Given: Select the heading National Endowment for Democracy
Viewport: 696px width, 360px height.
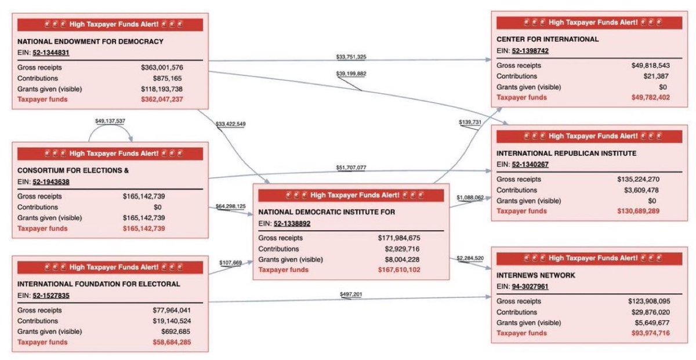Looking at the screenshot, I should coord(90,42).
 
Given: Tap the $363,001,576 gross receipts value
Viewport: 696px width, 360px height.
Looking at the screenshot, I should coord(162,68).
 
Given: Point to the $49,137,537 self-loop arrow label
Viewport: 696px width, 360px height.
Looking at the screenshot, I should coord(110,121).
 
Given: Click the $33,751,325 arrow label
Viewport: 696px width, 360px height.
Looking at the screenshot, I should coord(351,57).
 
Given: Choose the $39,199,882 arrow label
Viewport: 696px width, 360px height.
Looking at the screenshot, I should coord(351,74).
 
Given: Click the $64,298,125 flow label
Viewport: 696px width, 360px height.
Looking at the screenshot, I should coord(230,206).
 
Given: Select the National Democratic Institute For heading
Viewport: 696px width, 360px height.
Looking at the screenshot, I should coord(327,212).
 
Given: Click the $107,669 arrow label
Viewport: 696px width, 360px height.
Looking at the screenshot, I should coord(230,263).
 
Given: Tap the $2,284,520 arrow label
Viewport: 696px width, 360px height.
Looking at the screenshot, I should coord(470,257).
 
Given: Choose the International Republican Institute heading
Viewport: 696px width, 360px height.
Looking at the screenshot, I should coord(567,154).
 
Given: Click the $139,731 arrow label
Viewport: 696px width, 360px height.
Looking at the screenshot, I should coord(470,122).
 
